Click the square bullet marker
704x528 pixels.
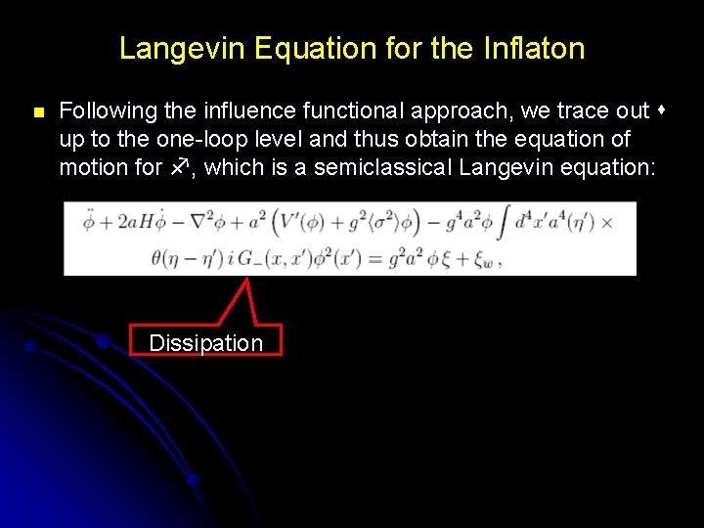38,113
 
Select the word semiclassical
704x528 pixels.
384,167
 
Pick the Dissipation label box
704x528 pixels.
205,342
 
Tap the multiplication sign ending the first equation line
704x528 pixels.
606,223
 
